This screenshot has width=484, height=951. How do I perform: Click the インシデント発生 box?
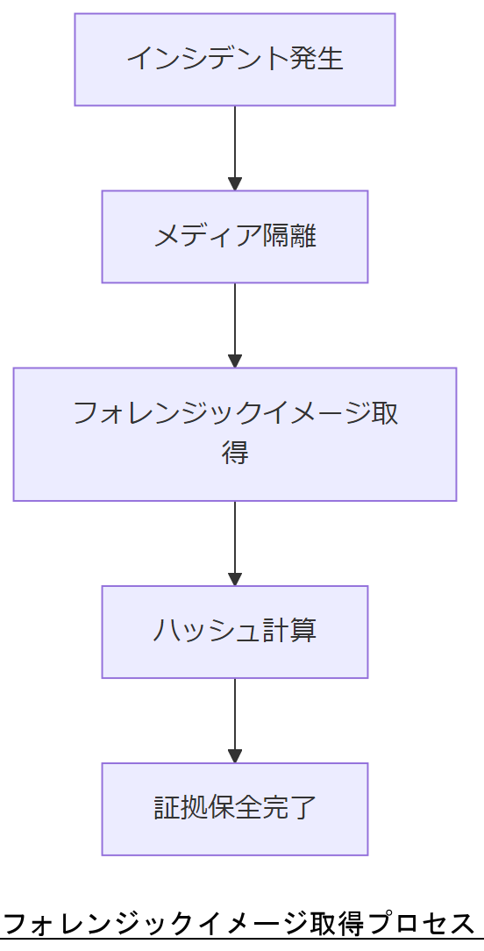tap(234, 60)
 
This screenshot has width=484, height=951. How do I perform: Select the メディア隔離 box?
tap(234, 237)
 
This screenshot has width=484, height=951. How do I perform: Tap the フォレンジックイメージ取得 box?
tap(234, 434)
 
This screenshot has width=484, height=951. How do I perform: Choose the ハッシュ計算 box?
tap(234, 632)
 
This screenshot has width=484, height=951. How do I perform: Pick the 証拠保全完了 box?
tap(234, 809)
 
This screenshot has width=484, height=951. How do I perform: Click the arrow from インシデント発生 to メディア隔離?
tap(234, 145)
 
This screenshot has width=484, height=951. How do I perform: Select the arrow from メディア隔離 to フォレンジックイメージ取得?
tap(234, 322)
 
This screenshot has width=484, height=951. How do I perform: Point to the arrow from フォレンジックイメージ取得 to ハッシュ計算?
tap(234, 540)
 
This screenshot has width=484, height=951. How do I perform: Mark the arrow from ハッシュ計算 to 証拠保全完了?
tap(234, 718)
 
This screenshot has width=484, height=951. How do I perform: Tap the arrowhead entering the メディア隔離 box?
tap(234, 184)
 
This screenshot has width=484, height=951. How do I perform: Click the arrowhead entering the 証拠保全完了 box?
tap(234, 756)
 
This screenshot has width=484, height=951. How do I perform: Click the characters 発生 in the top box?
tap(317, 59)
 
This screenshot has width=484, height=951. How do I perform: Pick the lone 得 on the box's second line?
tap(234, 454)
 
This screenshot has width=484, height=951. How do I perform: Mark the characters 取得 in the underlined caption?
tap(337, 924)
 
